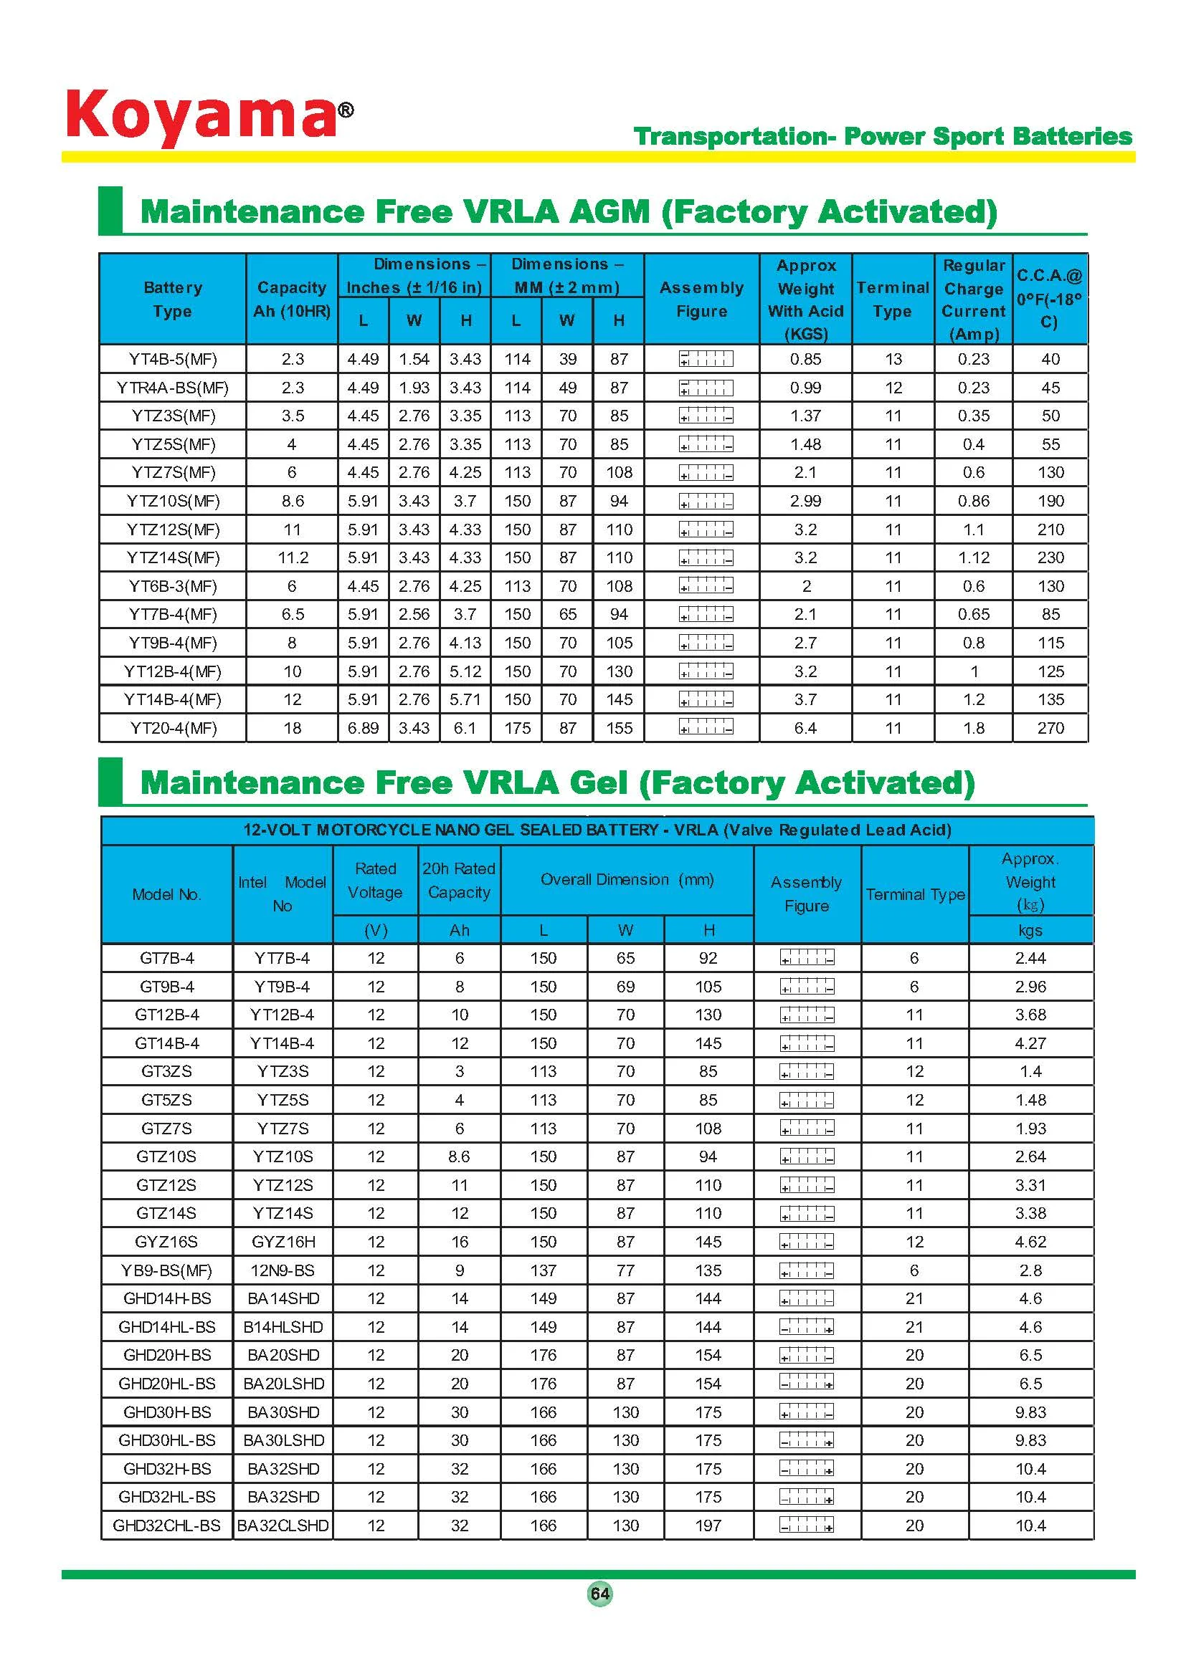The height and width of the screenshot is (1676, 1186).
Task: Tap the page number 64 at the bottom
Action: pyautogui.click(x=599, y=1593)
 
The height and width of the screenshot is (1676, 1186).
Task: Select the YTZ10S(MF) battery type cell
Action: pyautogui.click(x=173, y=501)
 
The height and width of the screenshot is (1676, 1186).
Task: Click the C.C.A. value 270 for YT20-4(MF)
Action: pyautogui.click(x=1050, y=728)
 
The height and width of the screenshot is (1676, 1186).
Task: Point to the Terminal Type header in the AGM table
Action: pyautogui.click(x=893, y=300)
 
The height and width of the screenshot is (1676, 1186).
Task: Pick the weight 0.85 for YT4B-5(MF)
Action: pyautogui.click(x=805, y=359)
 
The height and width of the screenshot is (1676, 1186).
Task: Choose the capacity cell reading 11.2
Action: pyautogui.click(x=292, y=557)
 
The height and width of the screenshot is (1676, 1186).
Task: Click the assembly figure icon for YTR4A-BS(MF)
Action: pyautogui.click(x=706, y=388)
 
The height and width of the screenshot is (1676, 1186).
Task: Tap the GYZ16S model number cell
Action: pyautogui.click(x=166, y=1242)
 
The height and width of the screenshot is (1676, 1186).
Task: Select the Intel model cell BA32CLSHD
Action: pyautogui.click(x=283, y=1525)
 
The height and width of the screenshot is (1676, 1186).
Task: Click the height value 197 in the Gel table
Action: pyautogui.click(x=708, y=1525)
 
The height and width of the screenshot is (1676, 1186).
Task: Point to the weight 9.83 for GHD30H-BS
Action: pyautogui.click(x=1030, y=1412)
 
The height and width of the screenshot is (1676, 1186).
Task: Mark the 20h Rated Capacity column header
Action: pyautogui.click(x=459, y=881)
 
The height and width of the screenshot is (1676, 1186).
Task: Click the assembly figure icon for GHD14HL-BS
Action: pyautogui.click(x=806, y=1327)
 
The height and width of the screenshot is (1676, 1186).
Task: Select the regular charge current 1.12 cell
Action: pyautogui.click(x=974, y=557)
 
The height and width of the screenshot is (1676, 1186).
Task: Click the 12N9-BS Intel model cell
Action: pyautogui.click(x=283, y=1270)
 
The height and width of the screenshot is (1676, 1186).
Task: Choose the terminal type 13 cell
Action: pyautogui.click(x=893, y=359)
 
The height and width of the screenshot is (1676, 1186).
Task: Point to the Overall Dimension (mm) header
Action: pyautogui.click(x=627, y=880)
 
